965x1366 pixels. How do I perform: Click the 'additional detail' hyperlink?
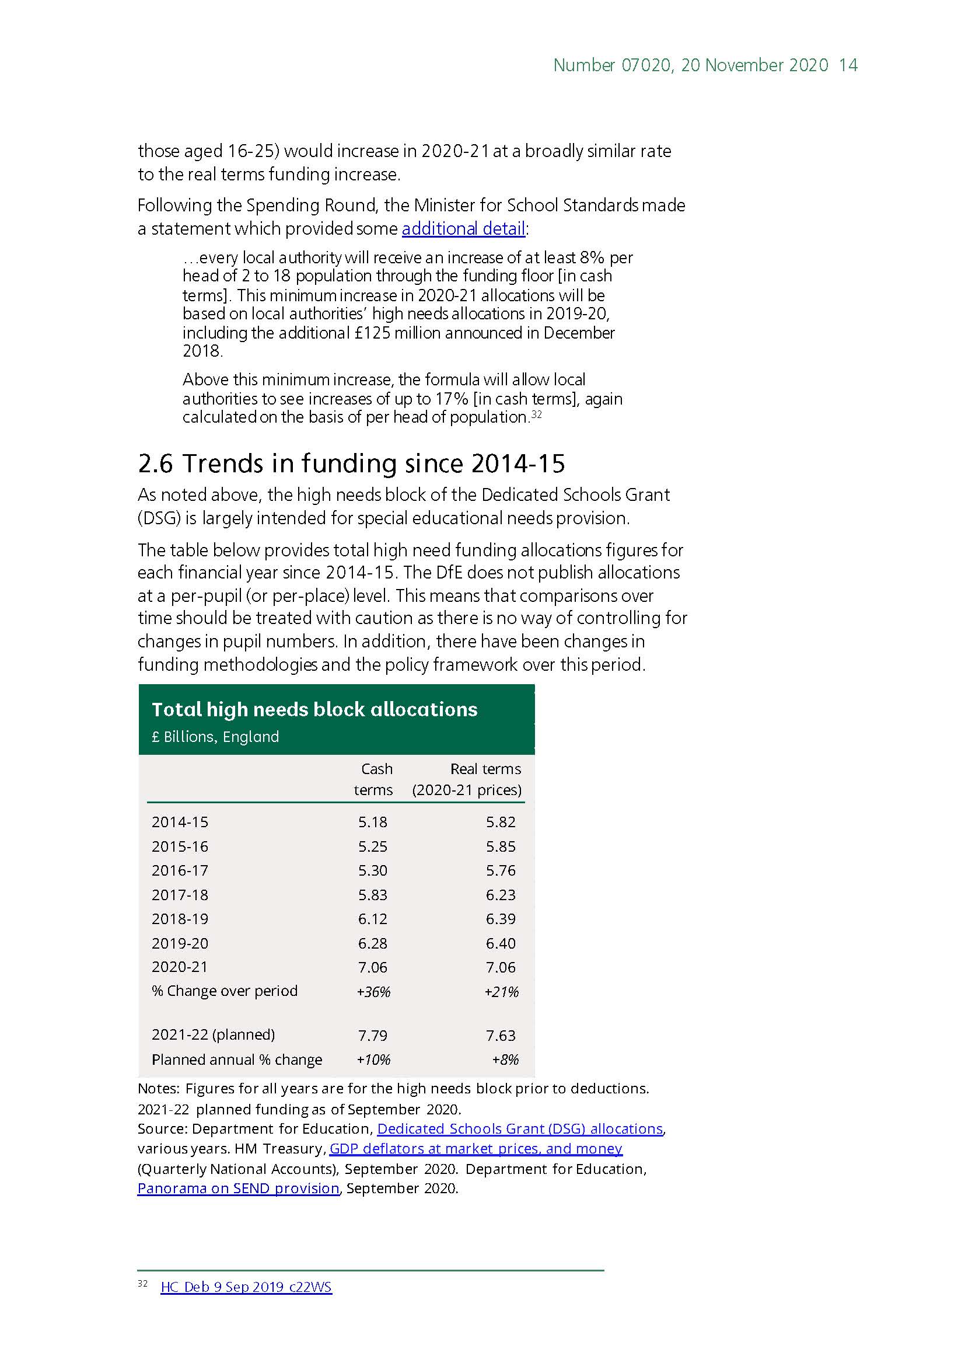coord(463,228)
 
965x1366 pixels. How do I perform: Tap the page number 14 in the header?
coord(848,65)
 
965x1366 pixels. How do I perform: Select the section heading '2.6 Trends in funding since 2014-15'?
coord(351,464)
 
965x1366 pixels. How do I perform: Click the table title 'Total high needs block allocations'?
coord(314,709)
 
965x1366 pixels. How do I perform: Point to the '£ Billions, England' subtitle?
coord(215,737)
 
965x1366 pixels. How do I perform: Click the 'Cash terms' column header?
coord(374,779)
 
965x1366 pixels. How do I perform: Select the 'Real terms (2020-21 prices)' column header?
coord(467,779)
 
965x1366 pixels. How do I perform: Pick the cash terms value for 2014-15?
coord(373,821)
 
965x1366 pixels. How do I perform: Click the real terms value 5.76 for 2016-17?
coord(501,870)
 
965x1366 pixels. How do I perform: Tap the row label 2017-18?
coord(180,895)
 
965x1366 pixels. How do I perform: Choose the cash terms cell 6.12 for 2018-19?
coord(373,919)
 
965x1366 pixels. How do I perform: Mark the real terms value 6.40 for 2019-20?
coord(501,943)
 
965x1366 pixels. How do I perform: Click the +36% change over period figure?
coord(373,992)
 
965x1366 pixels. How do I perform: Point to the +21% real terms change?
coord(501,992)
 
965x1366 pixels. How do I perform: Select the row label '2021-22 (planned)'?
coord(213,1034)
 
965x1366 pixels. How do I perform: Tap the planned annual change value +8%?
coord(505,1060)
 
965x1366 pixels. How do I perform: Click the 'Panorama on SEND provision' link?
coord(238,1188)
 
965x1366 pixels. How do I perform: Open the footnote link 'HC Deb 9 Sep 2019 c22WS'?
coord(246,1287)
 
